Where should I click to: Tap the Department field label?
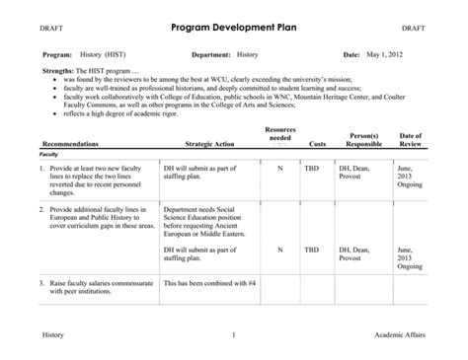click(210, 55)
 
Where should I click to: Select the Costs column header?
click(317, 144)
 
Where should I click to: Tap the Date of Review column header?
click(411, 139)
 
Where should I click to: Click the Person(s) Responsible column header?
click(357, 139)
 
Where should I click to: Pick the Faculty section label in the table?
click(48, 155)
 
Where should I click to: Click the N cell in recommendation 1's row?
click(280, 168)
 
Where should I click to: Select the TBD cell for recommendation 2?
click(312, 250)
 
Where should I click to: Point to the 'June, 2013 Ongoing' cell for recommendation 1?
click(410, 176)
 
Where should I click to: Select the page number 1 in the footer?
click(233, 336)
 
